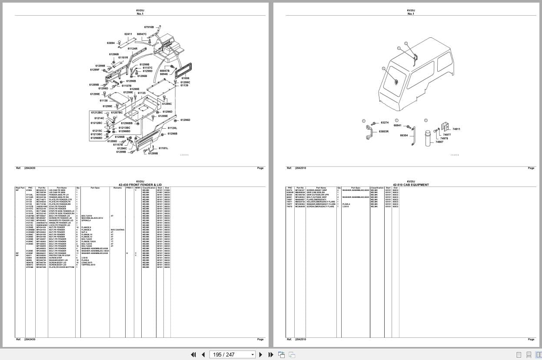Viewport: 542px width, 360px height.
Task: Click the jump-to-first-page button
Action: tap(193, 354)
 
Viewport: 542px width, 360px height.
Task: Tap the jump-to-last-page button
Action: tap(271, 354)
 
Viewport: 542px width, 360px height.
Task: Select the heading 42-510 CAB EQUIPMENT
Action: tap(410, 185)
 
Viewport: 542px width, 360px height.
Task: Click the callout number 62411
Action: tap(128, 34)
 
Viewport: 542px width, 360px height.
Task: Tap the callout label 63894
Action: tap(111, 43)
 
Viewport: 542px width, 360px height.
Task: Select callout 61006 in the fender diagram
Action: tap(185, 78)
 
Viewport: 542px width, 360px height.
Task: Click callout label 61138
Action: tap(103, 100)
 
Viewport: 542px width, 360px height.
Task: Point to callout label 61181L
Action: tap(163, 148)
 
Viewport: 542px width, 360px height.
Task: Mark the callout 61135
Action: tap(142, 93)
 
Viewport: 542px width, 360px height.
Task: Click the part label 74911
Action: tap(456, 129)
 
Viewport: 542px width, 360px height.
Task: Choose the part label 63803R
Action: tap(383, 131)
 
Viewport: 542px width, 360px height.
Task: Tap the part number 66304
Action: tap(404, 135)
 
